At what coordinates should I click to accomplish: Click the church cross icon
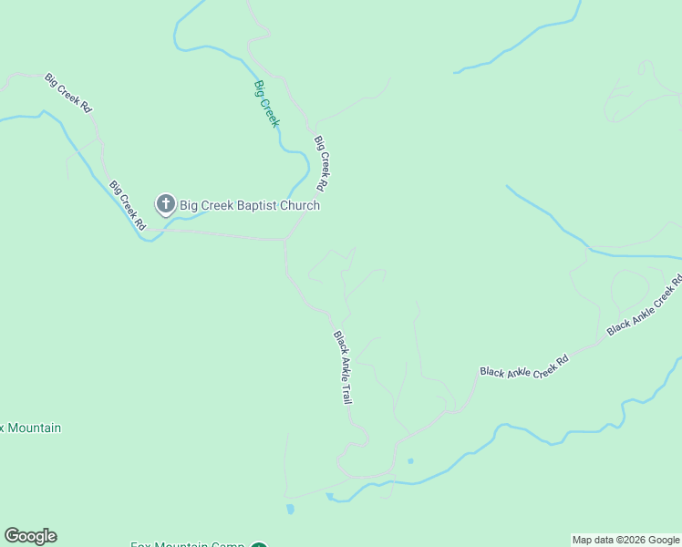coord(165,204)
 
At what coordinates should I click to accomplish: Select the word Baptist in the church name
coord(252,205)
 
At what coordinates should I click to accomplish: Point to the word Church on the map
coord(299,205)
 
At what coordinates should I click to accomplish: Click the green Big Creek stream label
coord(265,104)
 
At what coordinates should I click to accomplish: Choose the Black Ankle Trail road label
coord(343,367)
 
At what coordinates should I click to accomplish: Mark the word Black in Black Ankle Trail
coord(338,343)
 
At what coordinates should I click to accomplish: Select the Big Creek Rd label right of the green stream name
coord(321,162)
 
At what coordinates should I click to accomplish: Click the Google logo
coord(30,536)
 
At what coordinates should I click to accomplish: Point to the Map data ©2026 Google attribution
coord(626,540)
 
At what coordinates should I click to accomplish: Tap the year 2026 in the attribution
coord(634,540)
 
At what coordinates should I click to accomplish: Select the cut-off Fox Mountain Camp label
coord(187,544)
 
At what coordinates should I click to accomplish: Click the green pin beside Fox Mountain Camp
coord(258,544)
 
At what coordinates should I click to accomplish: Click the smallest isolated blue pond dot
coord(410,461)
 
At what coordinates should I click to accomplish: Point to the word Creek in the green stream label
coord(270,116)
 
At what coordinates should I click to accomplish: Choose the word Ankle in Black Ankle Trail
coord(343,366)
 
